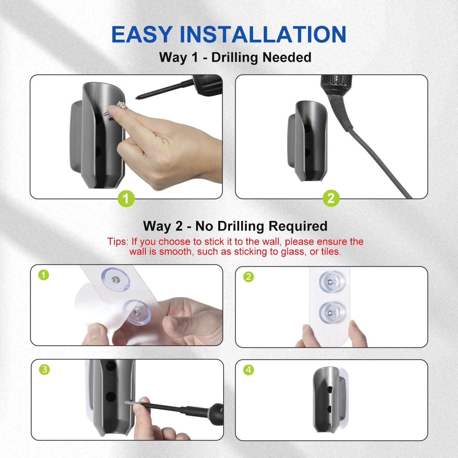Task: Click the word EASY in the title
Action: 142,35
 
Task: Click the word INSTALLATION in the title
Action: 263,35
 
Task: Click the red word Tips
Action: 118,242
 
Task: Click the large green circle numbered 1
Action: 126,198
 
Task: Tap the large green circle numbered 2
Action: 331,198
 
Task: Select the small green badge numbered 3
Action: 45,369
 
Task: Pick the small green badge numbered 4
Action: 249,369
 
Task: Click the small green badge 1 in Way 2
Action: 44,275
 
